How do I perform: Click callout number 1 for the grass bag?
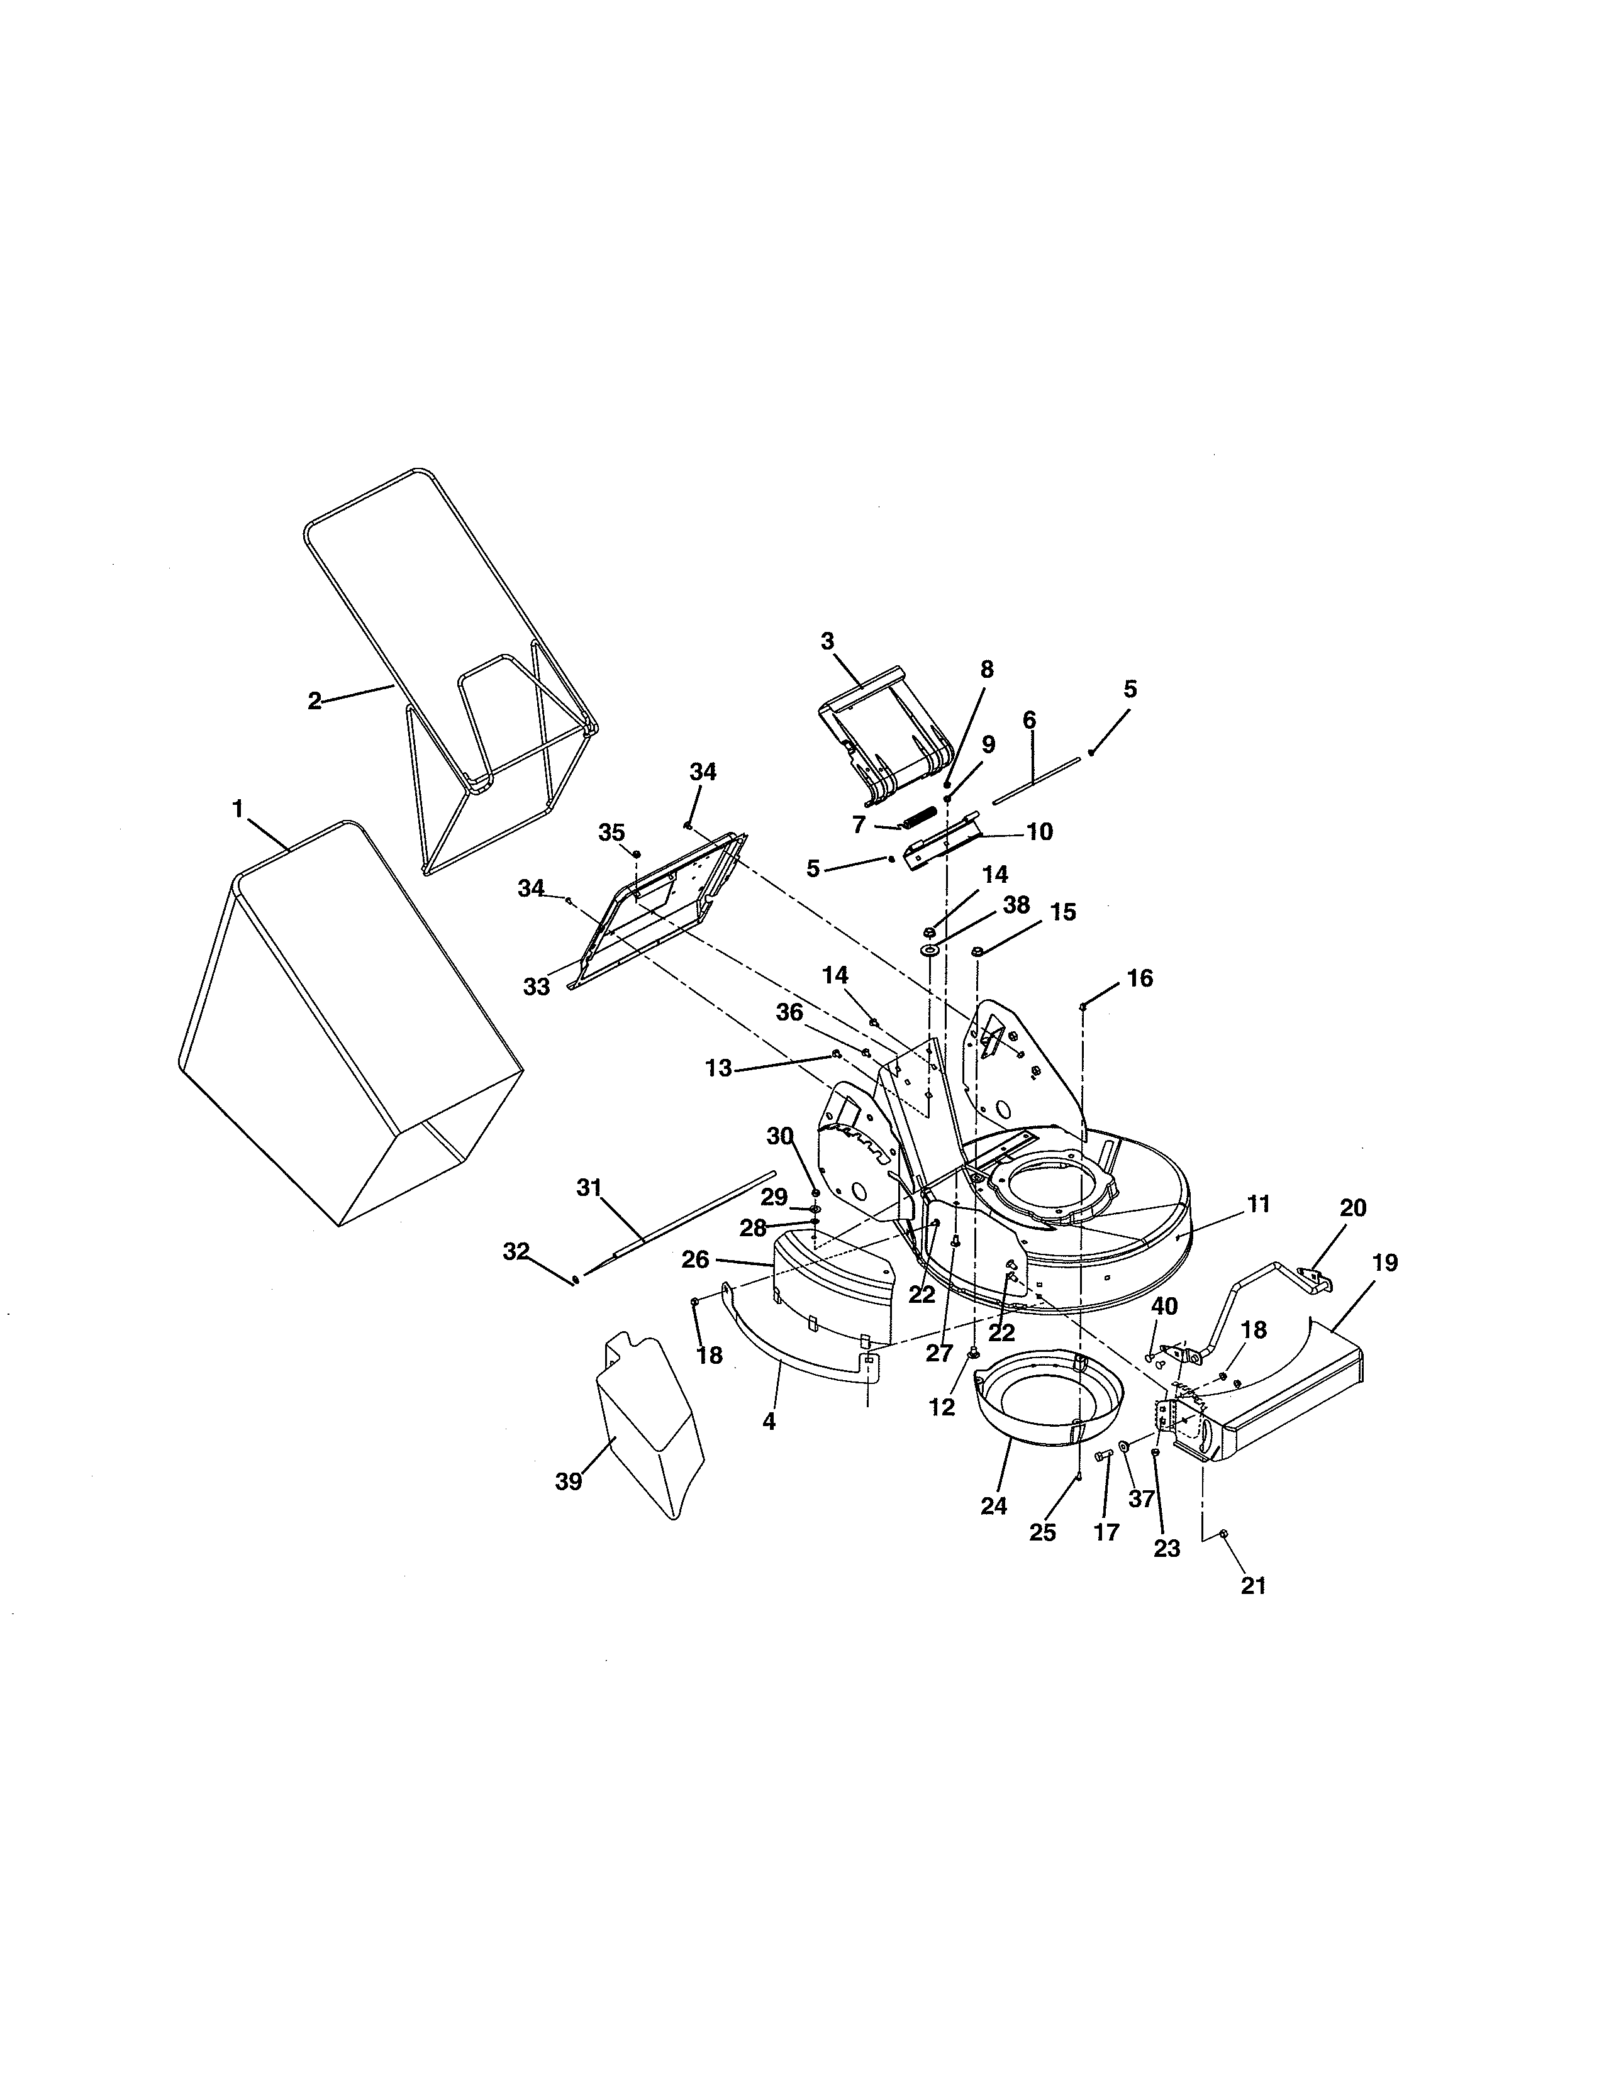238,809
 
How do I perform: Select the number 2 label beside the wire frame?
315,700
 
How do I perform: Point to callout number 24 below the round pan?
994,1506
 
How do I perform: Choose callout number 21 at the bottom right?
1254,1586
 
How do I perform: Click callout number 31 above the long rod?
589,1188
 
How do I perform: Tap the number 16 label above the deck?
1139,978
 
